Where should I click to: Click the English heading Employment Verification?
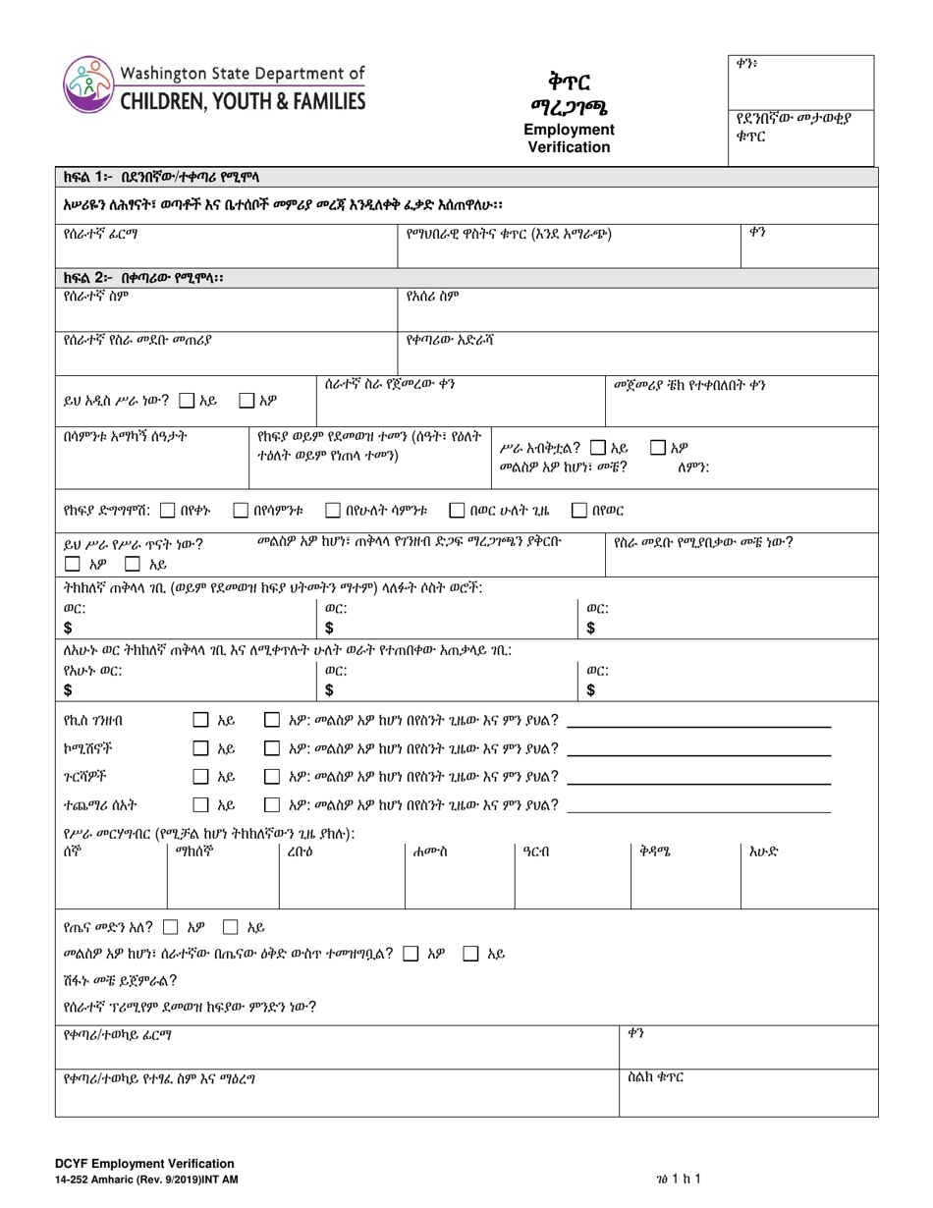pyautogui.click(x=569, y=138)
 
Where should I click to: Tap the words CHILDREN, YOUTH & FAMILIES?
pyautogui.click(x=243, y=99)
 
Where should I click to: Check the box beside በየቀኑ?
pyautogui.click(x=167, y=510)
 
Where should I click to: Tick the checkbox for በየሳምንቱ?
pyautogui.click(x=241, y=510)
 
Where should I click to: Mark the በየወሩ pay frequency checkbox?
pyautogui.click(x=579, y=510)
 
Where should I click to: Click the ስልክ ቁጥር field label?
pyautogui.click(x=655, y=1077)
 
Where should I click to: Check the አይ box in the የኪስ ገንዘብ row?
pyautogui.click(x=200, y=721)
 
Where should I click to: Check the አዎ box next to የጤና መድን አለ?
pyautogui.click(x=171, y=925)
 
